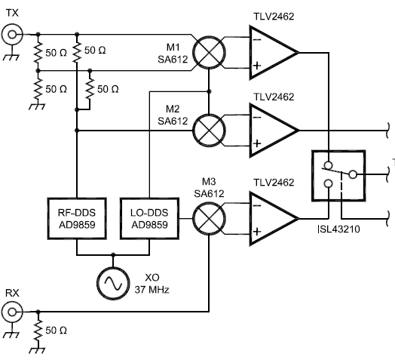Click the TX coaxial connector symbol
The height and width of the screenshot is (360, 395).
pyautogui.click(x=12, y=34)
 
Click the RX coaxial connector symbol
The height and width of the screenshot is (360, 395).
pyautogui.click(x=12, y=312)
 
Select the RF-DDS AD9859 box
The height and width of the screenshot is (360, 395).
pyautogui.click(x=77, y=218)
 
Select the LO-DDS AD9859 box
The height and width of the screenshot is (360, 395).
pyautogui.click(x=150, y=218)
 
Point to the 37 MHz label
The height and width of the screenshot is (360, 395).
pyautogui.click(x=152, y=290)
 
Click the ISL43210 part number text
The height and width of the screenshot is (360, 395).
pyautogui.click(x=338, y=229)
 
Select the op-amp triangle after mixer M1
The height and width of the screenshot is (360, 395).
pyautogui.click(x=274, y=53)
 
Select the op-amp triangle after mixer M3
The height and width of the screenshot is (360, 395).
pyautogui.click(x=274, y=218)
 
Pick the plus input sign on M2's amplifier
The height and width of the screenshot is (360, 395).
pyautogui.click(x=257, y=143)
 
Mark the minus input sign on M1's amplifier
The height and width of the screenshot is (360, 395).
pyautogui.click(x=257, y=39)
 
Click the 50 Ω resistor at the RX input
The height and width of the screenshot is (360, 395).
pyautogui.click(x=38, y=331)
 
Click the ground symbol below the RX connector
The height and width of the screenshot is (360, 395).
pyautogui.click(x=12, y=334)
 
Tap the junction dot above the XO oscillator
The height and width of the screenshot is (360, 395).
pyautogui.click(x=113, y=254)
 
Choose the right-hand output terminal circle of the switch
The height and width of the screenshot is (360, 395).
pyautogui.click(x=353, y=174)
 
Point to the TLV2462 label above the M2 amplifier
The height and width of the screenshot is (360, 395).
pyautogui.click(x=274, y=97)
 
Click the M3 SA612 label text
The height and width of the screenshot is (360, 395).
pyautogui.click(x=209, y=187)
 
